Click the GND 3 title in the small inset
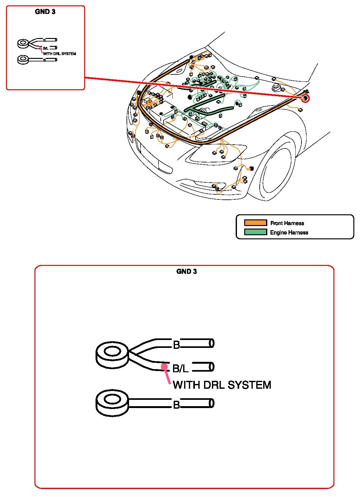coord(45,12)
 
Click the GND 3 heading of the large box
coord(186,271)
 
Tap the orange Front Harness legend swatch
coord(255,223)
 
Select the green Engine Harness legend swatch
coord(255,232)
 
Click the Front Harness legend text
coord(287,223)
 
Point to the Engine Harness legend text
coord(289,232)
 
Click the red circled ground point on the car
coord(305,98)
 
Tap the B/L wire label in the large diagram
coord(180,368)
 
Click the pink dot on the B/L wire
coord(164,367)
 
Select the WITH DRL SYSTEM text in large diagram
coord(222,385)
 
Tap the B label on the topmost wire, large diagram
coord(176,344)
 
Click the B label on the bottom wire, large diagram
coord(176,405)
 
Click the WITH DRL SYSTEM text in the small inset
coord(59,54)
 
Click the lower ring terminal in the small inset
coord(23,59)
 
